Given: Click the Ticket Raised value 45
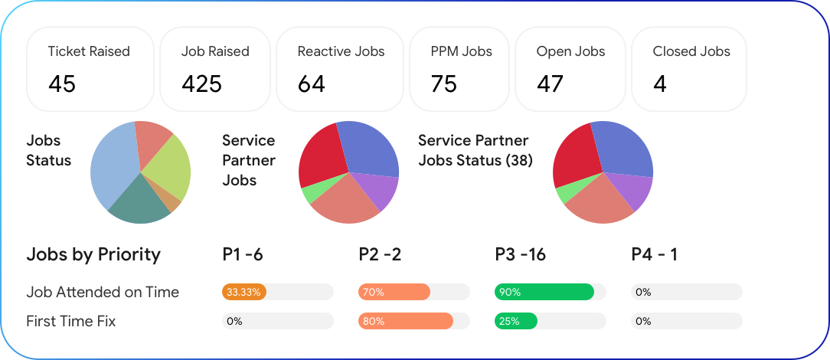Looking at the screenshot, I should point(62,83).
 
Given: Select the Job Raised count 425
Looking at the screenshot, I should point(201,83).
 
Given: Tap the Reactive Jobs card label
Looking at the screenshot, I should point(341,52).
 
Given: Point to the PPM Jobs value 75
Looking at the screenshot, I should point(443,83).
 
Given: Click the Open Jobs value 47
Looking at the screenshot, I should point(550,83).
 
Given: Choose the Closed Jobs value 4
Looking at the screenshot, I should point(660,83).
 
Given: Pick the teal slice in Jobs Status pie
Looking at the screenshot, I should point(138,201).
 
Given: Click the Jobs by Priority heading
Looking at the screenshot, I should point(93,254).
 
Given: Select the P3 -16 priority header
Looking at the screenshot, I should point(521,254).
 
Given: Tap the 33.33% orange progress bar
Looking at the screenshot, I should point(243,292).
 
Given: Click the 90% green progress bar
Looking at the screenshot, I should point(544,292).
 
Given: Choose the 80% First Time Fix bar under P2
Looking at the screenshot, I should point(406,321).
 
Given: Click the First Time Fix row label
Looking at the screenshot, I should point(71,321).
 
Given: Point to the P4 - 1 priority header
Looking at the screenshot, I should point(655,254).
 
